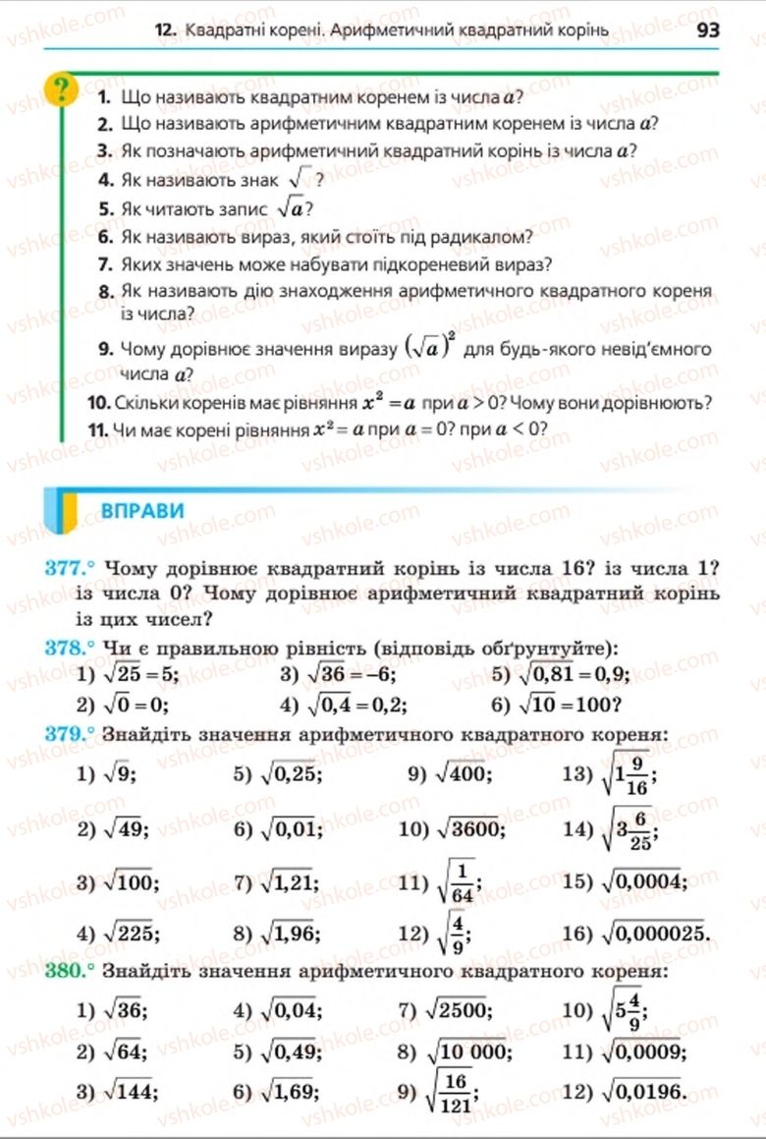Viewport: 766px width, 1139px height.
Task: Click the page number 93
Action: [707, 29]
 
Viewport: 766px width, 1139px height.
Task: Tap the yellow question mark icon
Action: [62, 90]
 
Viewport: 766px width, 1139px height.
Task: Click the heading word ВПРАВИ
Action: [142, 510]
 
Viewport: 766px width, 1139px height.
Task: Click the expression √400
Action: [460, 773]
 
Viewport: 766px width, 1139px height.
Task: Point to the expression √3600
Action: [465, 827]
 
